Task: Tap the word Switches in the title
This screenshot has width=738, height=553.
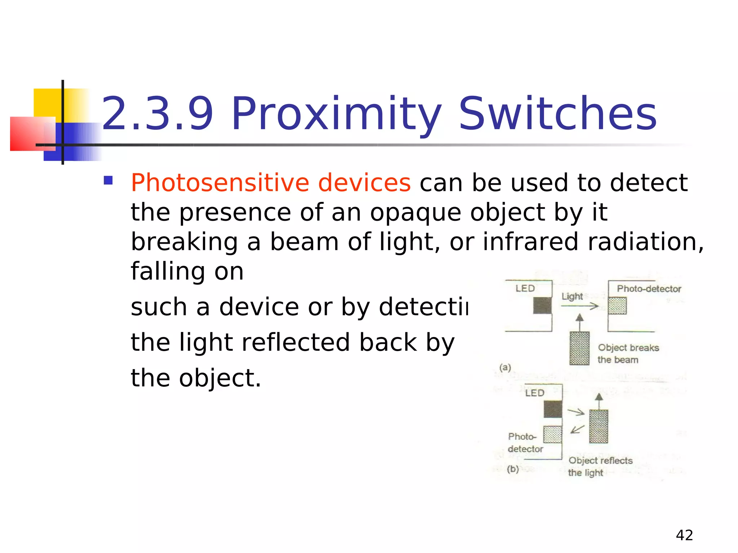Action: coord(558,114)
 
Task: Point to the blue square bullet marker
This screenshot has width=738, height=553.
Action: coord(108,180)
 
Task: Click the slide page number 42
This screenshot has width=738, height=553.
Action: coord(684,535)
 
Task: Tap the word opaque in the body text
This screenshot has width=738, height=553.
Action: coord(415,212)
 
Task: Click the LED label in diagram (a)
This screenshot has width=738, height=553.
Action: coord(525,288)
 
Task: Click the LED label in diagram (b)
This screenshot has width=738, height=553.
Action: coord(534,393)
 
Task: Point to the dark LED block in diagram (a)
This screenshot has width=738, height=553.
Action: coord(542,306)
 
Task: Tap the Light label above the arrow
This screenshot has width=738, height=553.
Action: coord(572,296)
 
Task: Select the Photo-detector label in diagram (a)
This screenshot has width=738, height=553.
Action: coord(649,289)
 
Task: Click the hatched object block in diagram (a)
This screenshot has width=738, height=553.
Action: coord(579,348)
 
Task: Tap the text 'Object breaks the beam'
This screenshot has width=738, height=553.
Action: coord(628,354)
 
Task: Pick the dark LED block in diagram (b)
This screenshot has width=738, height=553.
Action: coord(552,409)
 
